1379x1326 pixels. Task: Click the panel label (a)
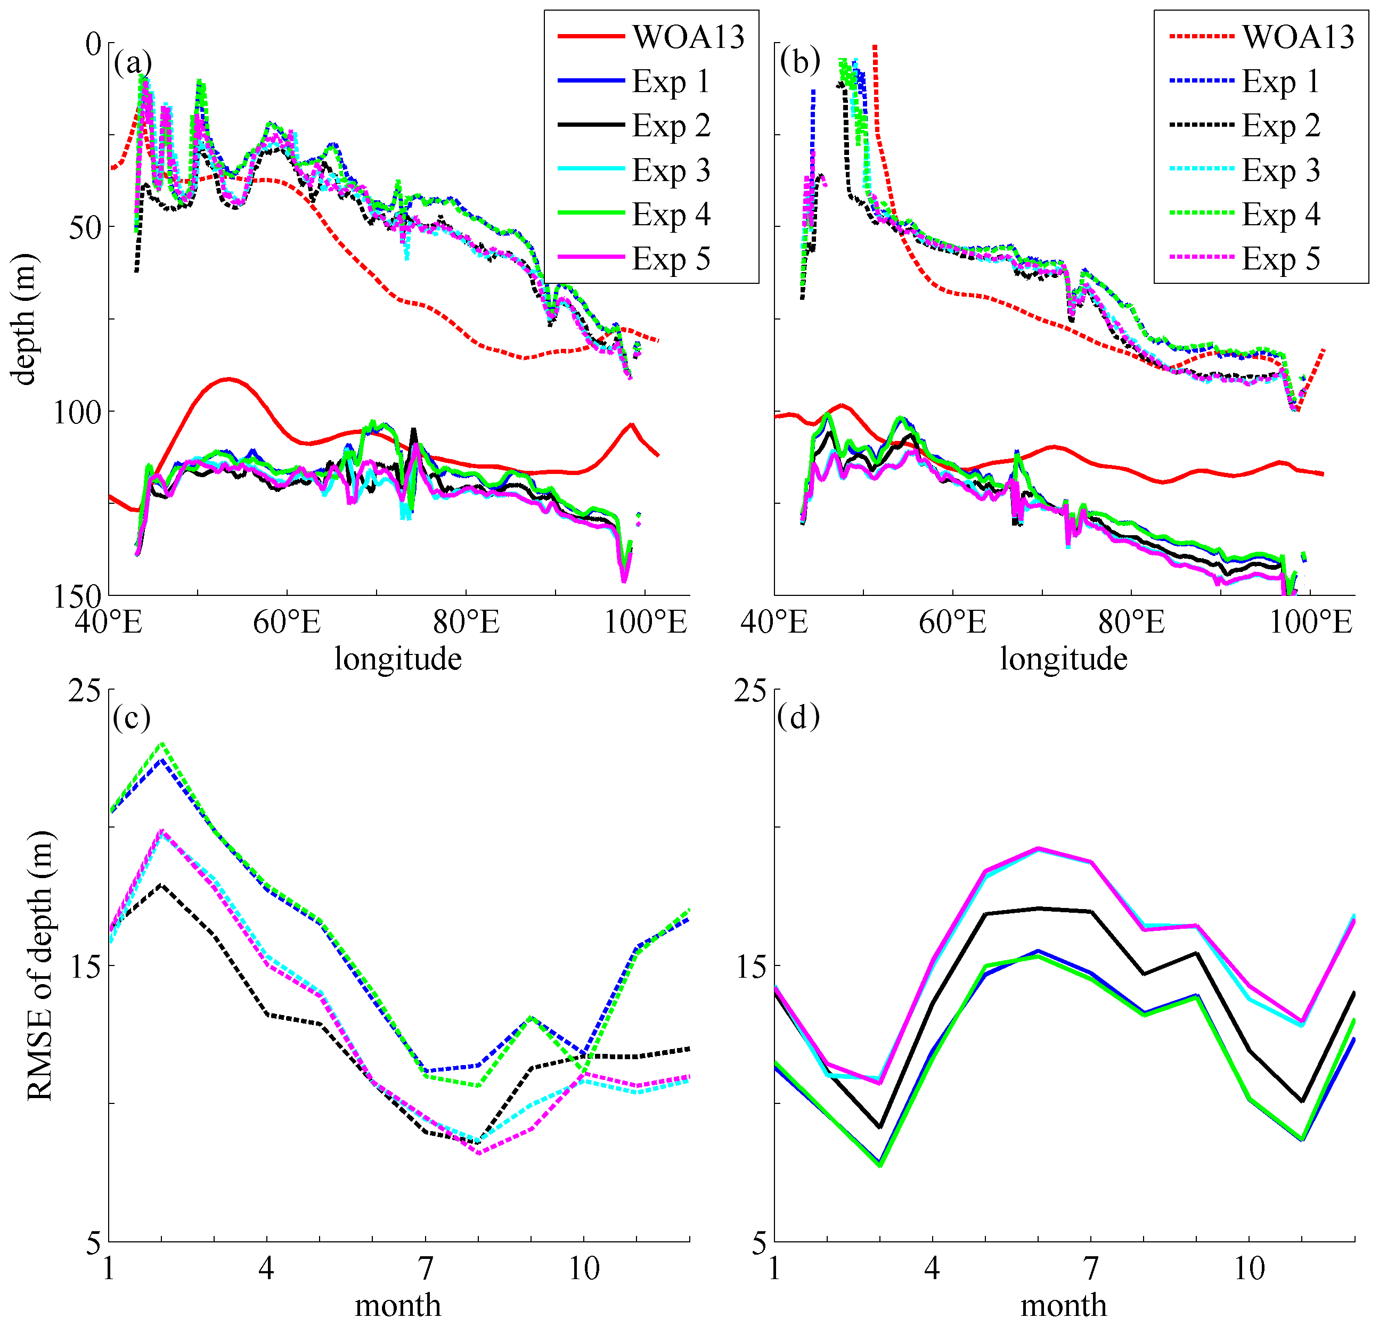[132, 63]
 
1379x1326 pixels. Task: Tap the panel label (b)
[800, 62]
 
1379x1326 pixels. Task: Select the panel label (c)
[132, 717]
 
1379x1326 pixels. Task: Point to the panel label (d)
[798, 717]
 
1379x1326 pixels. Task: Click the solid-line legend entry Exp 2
[671, 126]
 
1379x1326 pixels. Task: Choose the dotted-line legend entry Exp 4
[1281, 215]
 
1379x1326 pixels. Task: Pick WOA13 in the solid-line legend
[688, 37]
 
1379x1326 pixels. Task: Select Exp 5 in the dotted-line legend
[1281, 259]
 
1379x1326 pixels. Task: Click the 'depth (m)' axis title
[25, 320]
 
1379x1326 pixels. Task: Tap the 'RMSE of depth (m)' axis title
[39, 967]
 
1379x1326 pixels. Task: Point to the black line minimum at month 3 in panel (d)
[880, 1127]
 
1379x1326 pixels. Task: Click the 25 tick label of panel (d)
[750, 691]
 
